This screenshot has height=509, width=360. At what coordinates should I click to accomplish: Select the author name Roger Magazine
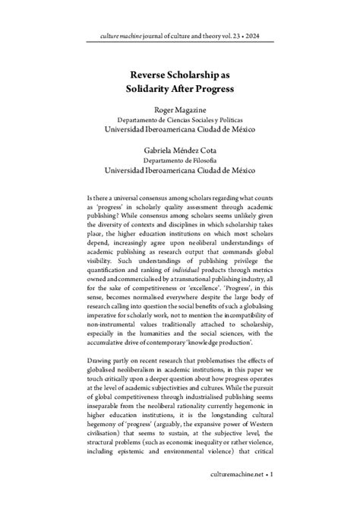click(179, 111)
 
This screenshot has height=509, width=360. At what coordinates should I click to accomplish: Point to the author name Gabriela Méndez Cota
click(179, 150)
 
